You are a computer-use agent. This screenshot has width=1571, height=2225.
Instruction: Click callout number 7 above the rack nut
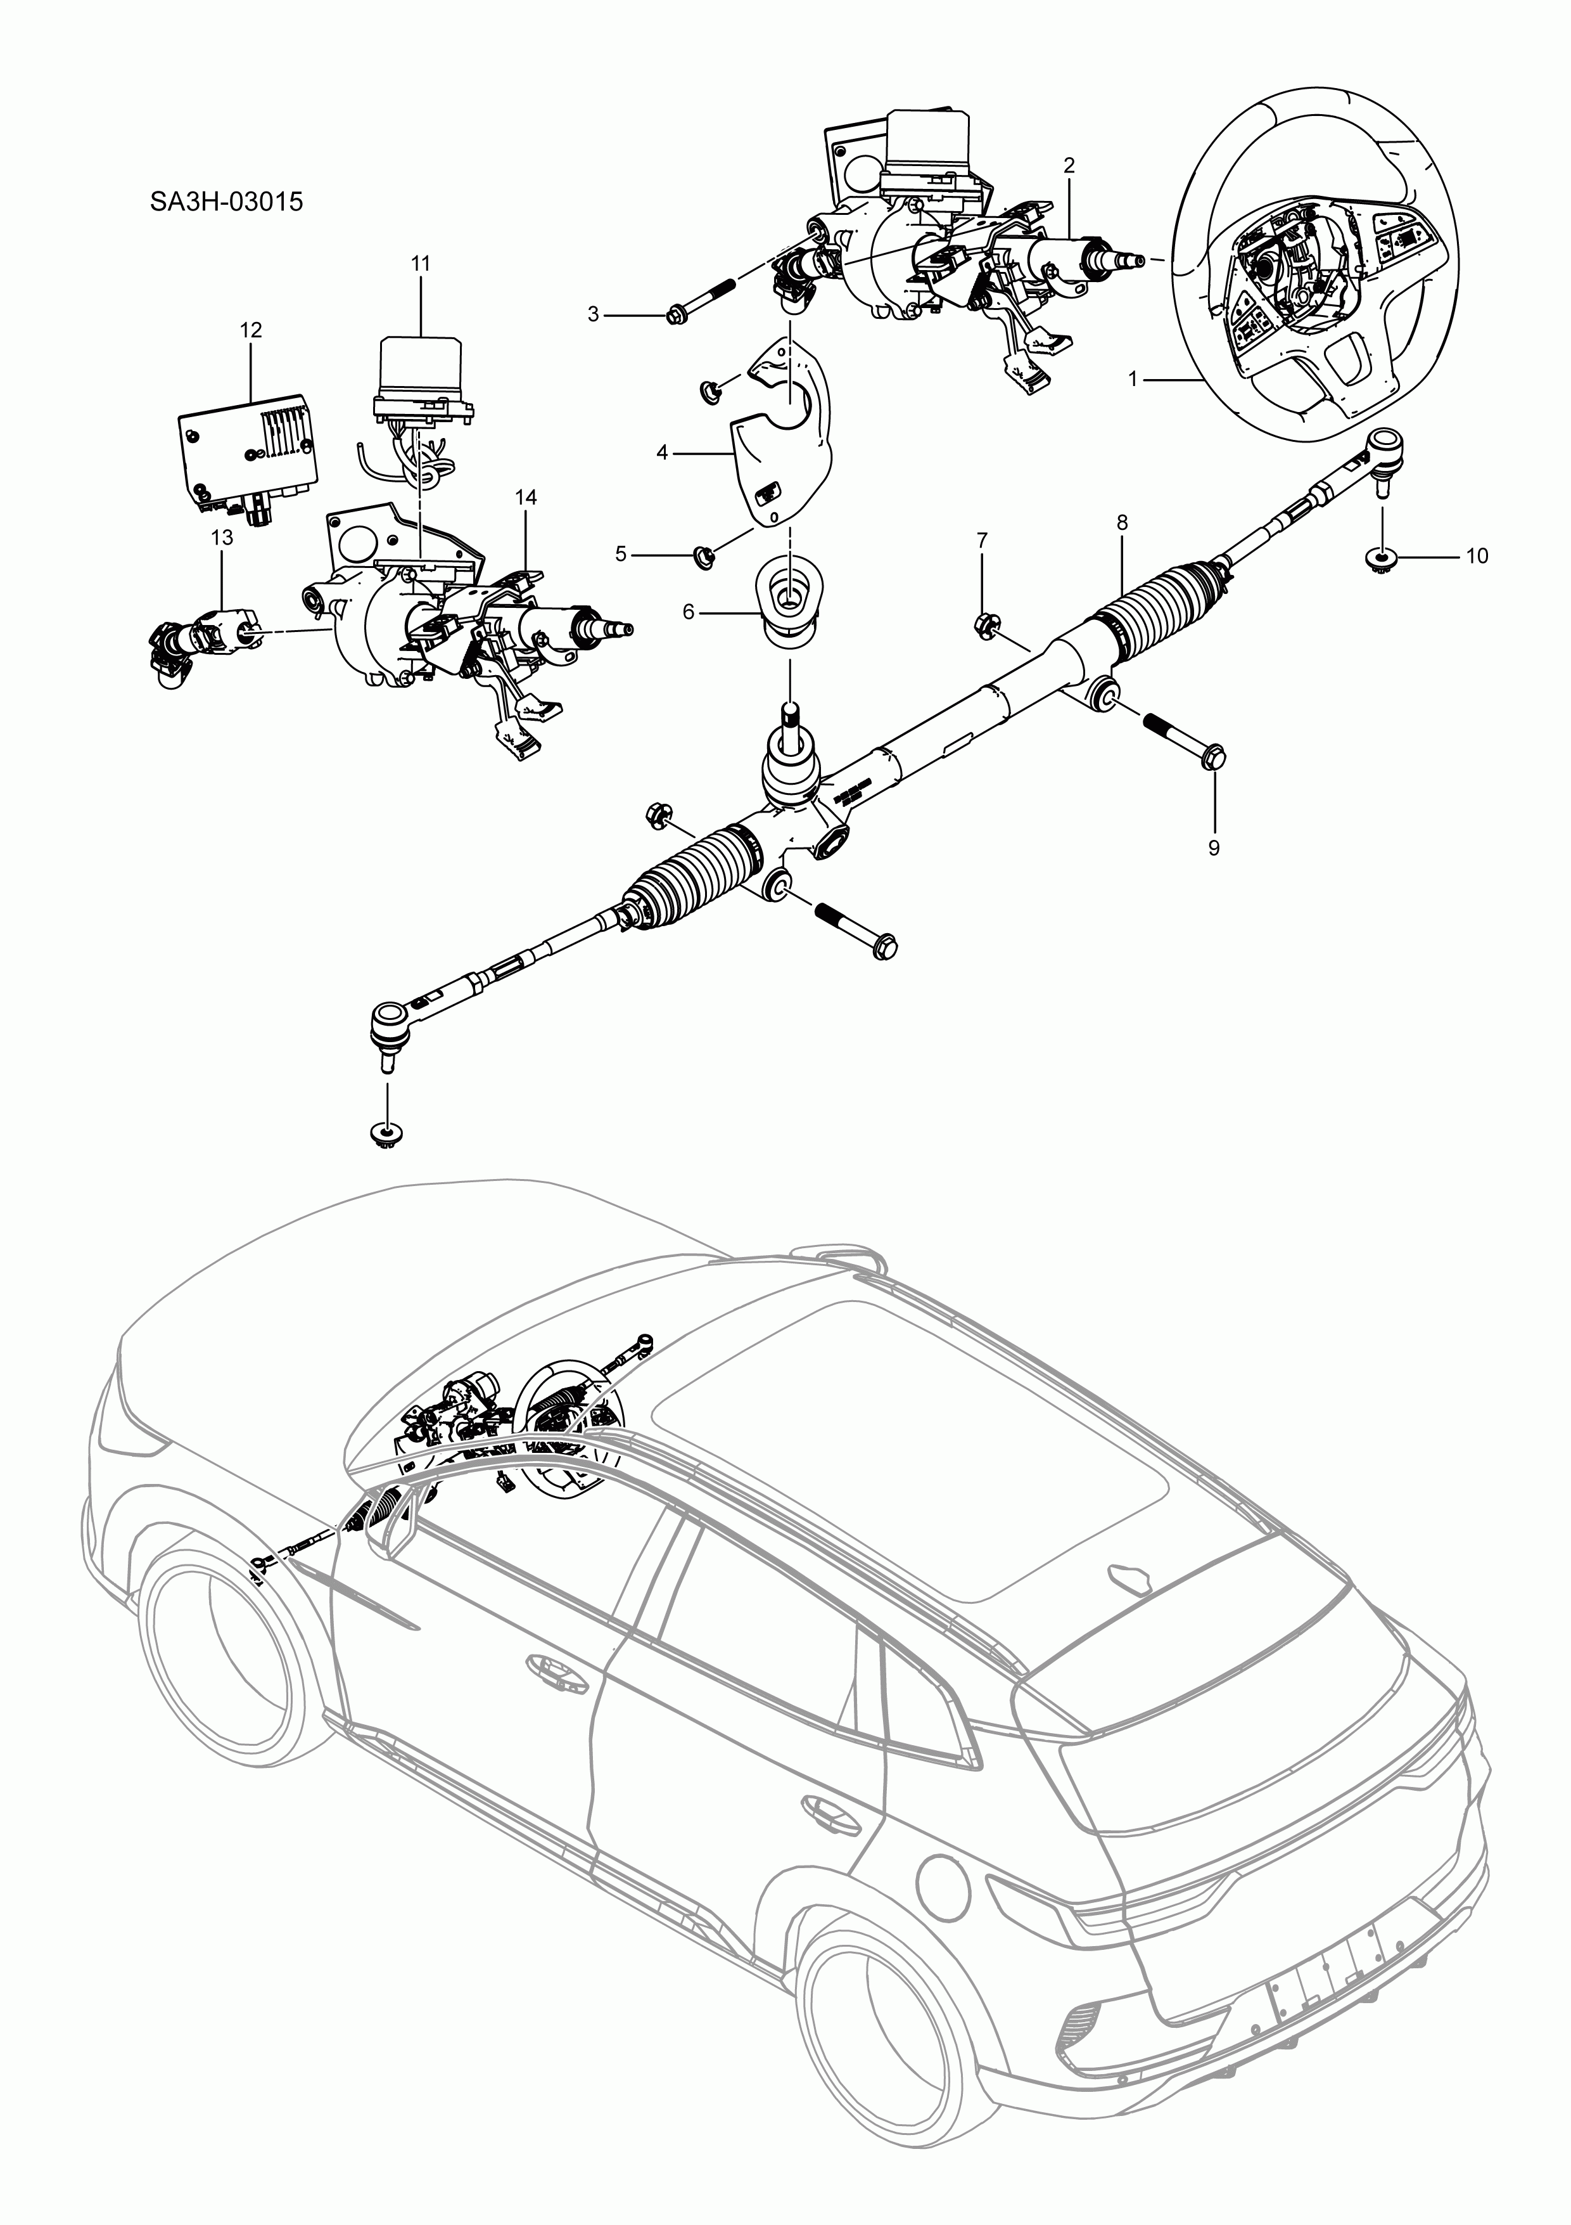981,541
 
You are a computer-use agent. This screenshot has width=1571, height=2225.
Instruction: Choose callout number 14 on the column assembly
525,497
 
